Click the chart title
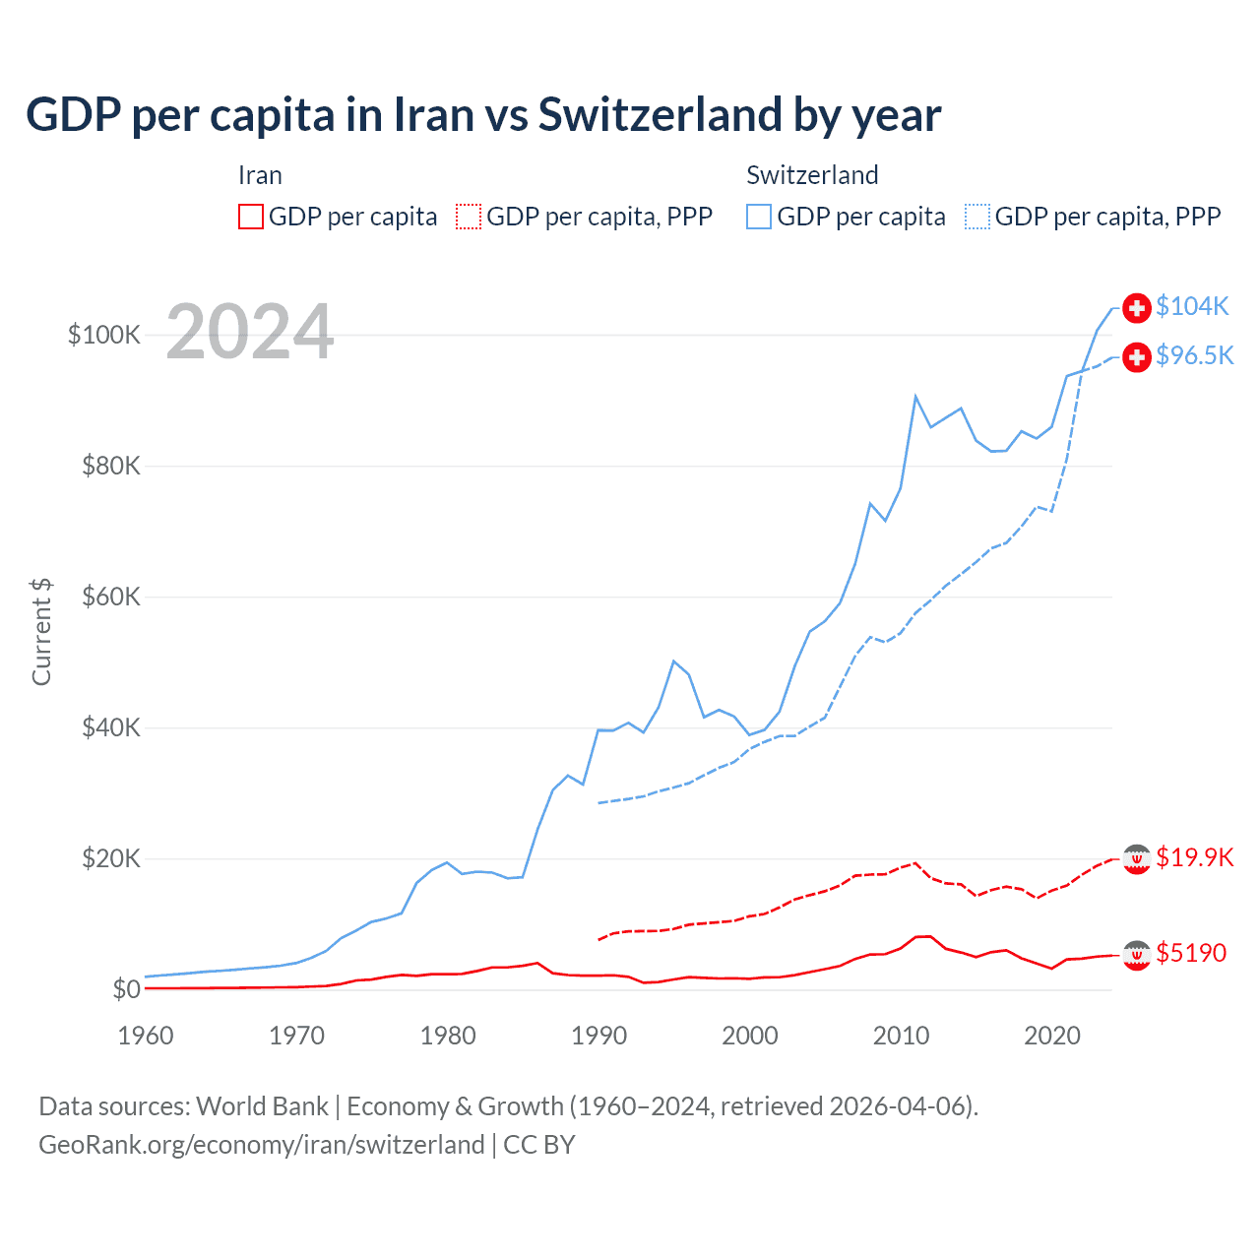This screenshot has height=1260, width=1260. pos(483,114)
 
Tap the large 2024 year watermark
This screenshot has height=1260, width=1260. pos(250,332)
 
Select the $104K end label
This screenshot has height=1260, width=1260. pos(1192,306)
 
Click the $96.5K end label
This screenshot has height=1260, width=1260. pos(1194,355)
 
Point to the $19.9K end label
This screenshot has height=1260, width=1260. pos(1194,857)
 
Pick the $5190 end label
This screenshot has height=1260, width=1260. pos(1191,953)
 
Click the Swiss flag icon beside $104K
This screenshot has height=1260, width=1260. pos(1137,308)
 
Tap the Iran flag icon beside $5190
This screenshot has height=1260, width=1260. pos(1137,954)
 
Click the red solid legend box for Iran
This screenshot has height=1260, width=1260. pos(251,217)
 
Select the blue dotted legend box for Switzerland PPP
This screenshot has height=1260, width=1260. pos(977,217)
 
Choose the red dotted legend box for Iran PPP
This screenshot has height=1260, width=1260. pos(469,217)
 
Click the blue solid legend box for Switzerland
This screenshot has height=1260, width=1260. pos(759,217)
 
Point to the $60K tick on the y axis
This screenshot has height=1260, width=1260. pos(111,597)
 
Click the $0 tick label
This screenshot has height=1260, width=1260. pos(126,989)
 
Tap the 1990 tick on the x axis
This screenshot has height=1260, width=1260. pos(598,1036)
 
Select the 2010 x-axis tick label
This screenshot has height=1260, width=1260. pos(901,1036)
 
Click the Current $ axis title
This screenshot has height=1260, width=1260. pos(41,632)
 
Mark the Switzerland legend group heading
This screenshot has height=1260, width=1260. pos(812,175)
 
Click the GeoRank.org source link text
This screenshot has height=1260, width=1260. pos(262,1145)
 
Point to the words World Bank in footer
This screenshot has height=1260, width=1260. pos(262,1106)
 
